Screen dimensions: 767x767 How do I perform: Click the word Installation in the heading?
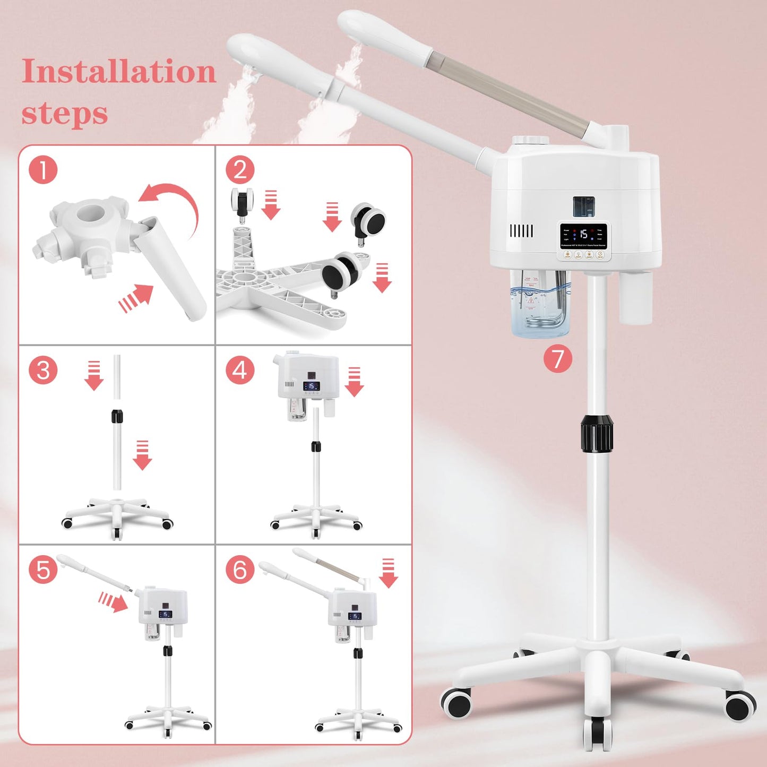[118, 72]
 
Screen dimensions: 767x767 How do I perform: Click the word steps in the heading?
[64, 113]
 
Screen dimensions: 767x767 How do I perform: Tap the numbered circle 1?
[43, 170]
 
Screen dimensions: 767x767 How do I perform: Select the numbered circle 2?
[240, 170]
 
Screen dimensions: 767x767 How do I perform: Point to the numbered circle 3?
[43, 370]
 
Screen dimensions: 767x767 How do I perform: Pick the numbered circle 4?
[240, 370]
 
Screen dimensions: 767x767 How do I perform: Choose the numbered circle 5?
[43, 569]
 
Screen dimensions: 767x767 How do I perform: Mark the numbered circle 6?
[240, 569]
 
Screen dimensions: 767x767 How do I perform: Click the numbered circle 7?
[557, 359]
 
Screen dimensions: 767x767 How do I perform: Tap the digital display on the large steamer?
[583, 235]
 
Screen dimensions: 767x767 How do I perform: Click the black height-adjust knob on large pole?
[597, 434]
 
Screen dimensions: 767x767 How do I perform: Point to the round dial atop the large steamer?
[531, 141]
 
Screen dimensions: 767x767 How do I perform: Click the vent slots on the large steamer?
[521, 231]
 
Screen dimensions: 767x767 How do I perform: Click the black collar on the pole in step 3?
[117, 416]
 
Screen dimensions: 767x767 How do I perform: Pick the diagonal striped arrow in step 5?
[113, 602]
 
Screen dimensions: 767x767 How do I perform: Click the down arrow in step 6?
[389, 573]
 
